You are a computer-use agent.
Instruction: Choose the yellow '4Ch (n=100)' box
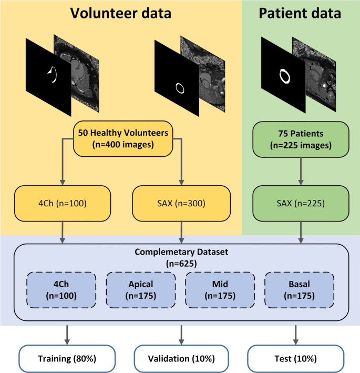(64, 203)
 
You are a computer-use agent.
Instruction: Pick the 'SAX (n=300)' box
(182, 203)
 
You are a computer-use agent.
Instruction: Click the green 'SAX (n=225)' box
(301, 203)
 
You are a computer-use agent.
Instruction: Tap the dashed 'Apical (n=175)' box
(141, 289)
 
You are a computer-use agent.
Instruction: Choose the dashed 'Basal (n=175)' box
(299, 289)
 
